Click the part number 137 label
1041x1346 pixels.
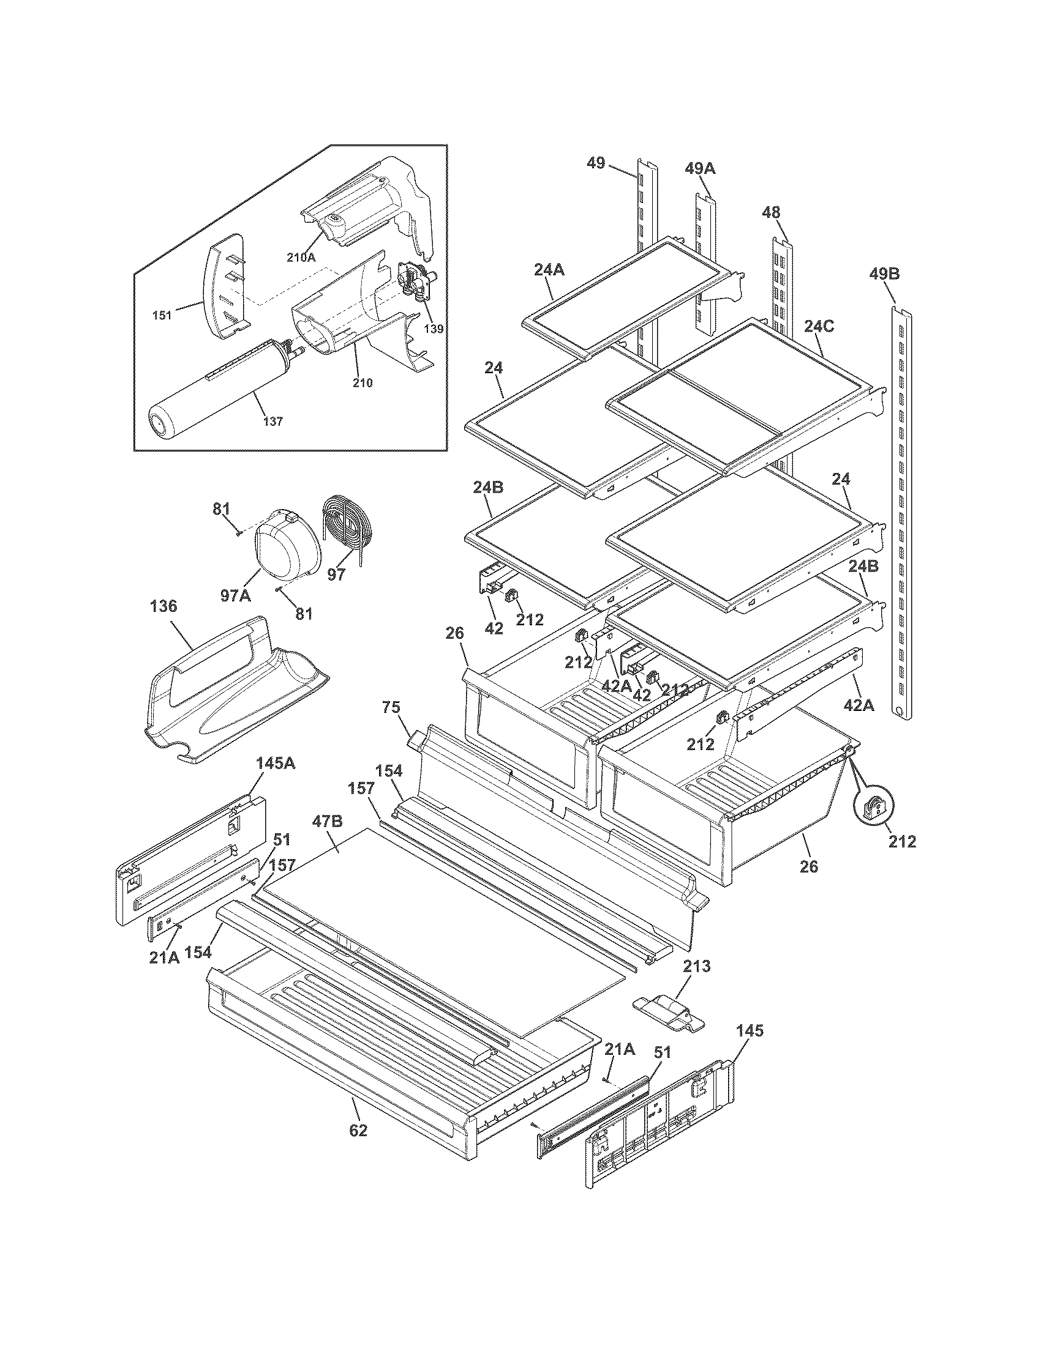point(272,422)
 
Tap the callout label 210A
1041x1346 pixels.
point(300,258)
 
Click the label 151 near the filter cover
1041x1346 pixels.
point(162,316)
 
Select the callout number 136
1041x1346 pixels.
point(163,606)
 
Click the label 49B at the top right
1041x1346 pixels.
point(885,273)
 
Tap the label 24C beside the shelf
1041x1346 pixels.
point(819,326)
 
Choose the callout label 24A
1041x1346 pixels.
point(549,269)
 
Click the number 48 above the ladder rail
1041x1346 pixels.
point(771,213)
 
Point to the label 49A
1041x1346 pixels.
point(700,168)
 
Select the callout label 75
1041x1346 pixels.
point(391,707)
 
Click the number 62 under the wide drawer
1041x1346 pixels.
point(358,1130)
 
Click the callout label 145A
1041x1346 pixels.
point(276,763)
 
